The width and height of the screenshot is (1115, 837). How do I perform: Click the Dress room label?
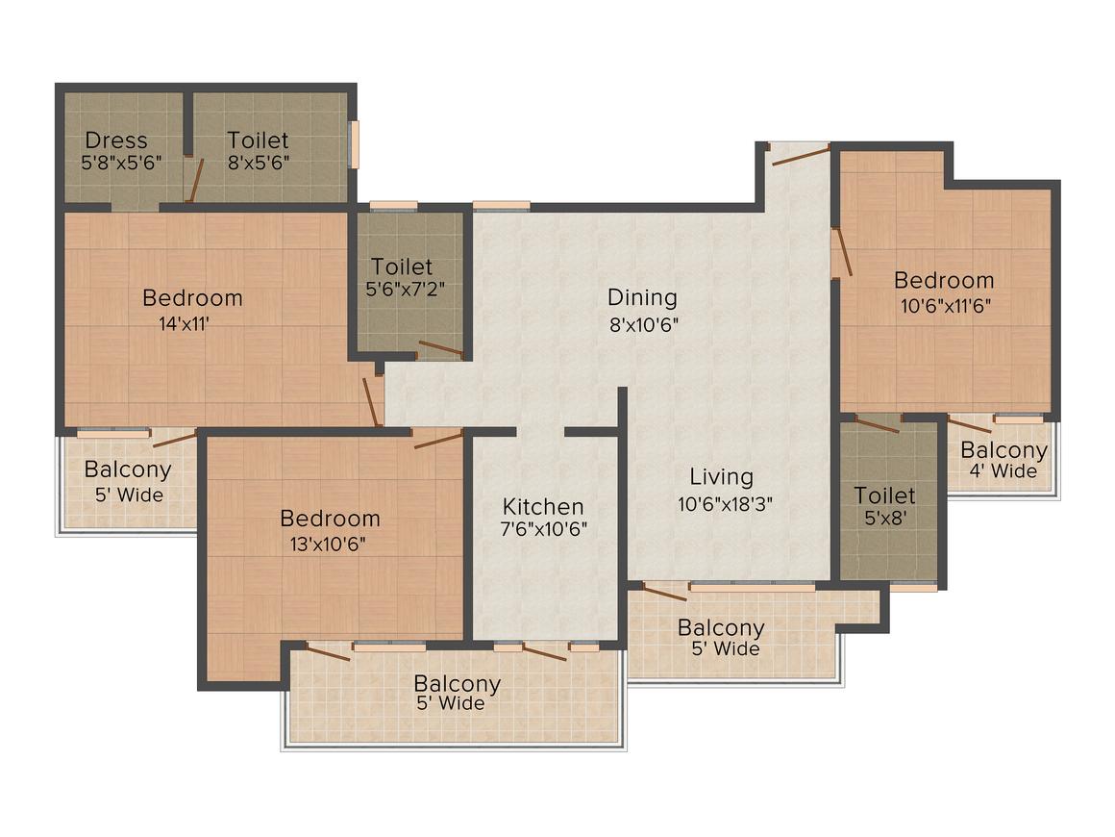point(116,140)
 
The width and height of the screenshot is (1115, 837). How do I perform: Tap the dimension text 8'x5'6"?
point(259,163)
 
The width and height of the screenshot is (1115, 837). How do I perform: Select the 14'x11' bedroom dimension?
point(185,324)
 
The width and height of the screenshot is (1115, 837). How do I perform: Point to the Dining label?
point(642,297)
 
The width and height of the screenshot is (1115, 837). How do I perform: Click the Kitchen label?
point(543,507)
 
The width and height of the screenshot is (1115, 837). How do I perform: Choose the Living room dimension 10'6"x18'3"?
point(725,505)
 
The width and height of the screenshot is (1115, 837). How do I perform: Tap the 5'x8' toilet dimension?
point(884,519)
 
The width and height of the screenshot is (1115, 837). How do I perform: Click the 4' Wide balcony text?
point(1003,471)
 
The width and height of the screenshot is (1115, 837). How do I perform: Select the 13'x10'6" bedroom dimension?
point(328,545)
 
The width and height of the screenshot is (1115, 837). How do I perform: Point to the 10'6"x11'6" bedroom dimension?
point(946,307)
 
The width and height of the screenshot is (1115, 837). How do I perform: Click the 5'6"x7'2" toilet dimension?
point(406,290)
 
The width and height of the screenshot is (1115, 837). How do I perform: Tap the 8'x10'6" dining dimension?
point(644,325)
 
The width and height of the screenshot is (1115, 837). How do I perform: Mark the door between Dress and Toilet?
point(195,181)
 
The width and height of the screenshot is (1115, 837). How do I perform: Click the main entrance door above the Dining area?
point(801,155)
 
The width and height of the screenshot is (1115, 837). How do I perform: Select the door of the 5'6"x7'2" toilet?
point(441,348)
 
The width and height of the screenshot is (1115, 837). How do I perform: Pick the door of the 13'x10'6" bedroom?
point(438,439)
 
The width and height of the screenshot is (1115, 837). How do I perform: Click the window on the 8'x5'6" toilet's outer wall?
point(354,145)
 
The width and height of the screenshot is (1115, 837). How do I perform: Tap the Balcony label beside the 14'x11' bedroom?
point(128,469)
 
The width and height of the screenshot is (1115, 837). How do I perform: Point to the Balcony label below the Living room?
point(721,627)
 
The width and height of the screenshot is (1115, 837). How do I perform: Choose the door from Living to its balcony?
point(665,592)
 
